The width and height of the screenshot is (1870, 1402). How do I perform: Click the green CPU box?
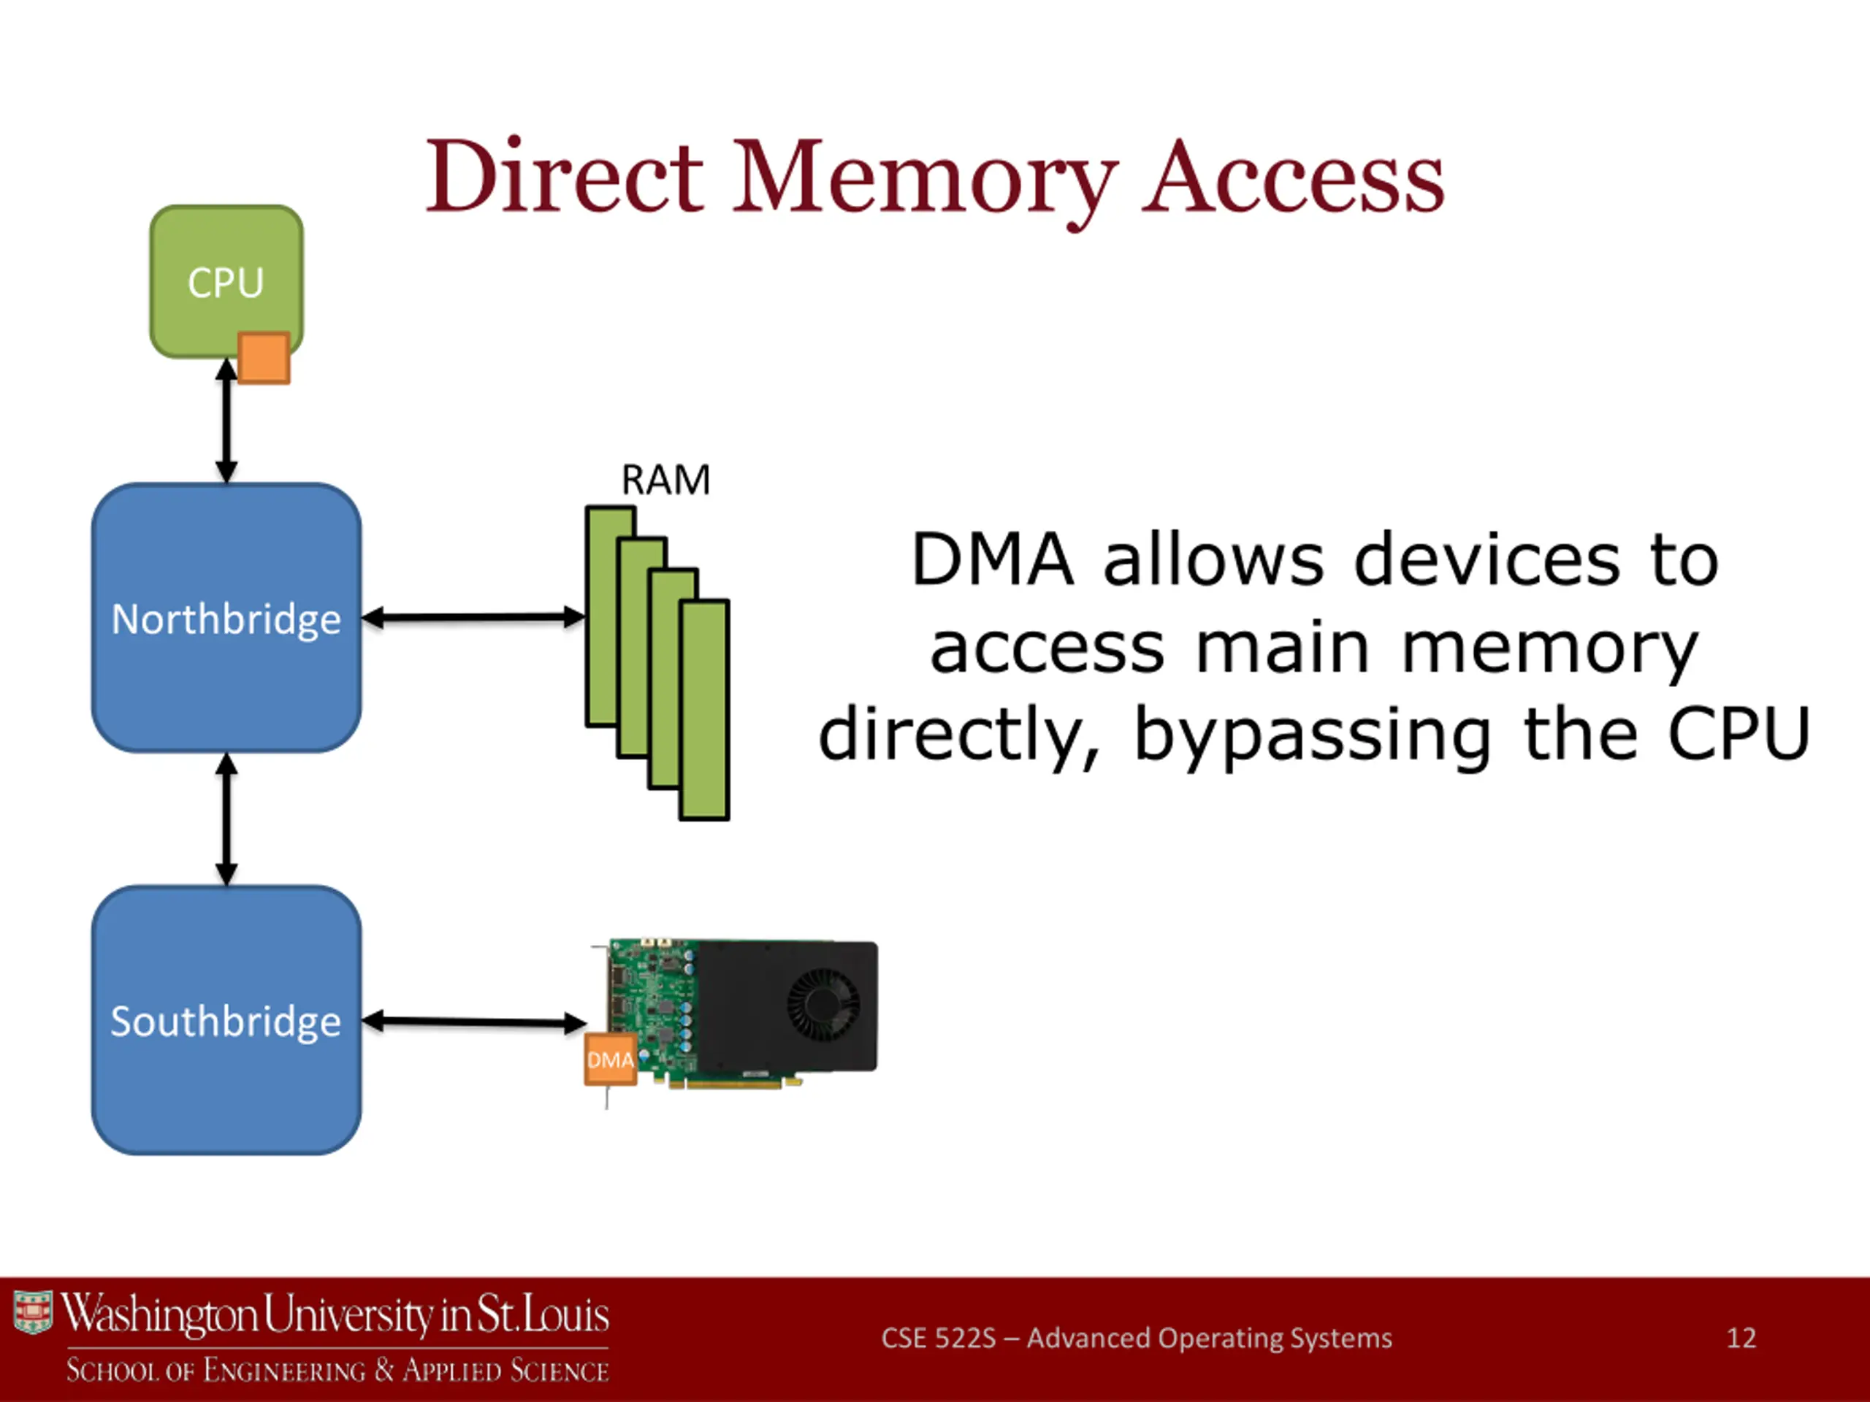[226, 281]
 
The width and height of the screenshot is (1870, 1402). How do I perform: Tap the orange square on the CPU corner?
[264, 359]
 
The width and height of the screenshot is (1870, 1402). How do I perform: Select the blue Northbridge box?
[226, 618]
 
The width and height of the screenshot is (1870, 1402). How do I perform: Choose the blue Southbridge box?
[226, 1020]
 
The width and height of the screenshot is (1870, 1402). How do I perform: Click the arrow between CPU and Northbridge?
[226, 421]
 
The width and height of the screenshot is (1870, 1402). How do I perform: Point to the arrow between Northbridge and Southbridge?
[226, 819]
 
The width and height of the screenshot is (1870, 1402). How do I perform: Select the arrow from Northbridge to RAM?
[474, 618]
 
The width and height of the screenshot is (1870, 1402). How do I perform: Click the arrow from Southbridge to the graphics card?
[474, 1022]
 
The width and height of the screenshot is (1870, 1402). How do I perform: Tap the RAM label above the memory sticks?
[665, 480]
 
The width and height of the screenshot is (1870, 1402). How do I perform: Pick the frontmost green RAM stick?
[704, 710]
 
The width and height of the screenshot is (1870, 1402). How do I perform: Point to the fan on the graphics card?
[823, 1004]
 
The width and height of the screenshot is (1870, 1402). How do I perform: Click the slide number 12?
[1741, 1337]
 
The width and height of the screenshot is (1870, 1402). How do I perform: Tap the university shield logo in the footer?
[33, 1311]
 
